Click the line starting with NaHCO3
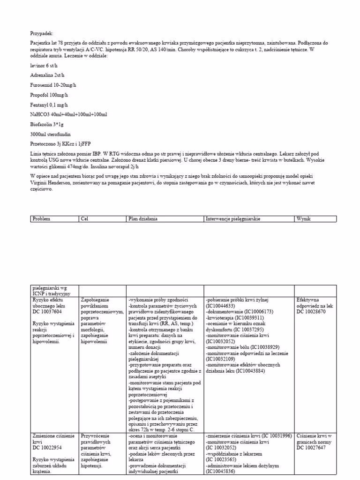(x=68, y=115)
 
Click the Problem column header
(x=41, y=219)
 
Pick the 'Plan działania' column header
(x=143, y=219)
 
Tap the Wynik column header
(x=304, y=219)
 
